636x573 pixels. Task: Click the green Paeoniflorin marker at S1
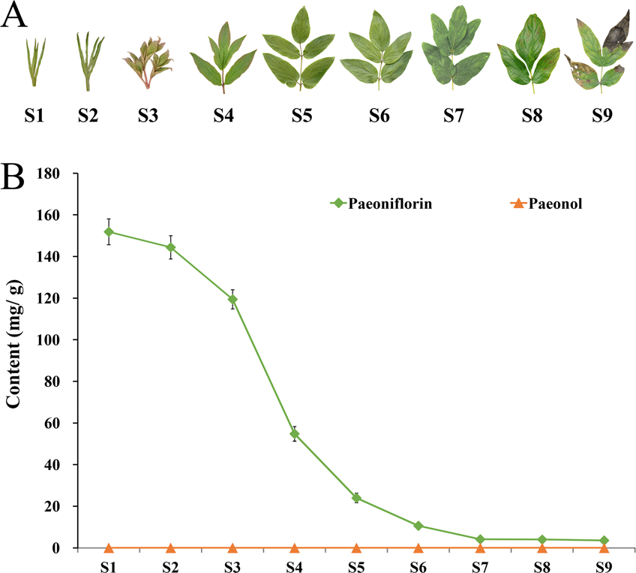click(x=109, y=232)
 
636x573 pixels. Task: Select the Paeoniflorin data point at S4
click(x=295, y=434)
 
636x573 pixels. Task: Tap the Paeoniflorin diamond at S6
click(x=418, y=526)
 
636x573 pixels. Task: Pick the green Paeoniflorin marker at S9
click(x=604, y=541)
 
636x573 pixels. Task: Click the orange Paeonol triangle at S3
click(x=232, y=548)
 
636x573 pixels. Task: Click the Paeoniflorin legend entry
click(x=380, y=202)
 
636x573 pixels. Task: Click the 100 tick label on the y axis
click(x=60, y=340)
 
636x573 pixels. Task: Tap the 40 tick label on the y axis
click(x=63, y=465)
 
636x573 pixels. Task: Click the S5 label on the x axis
click(x=356, y=563)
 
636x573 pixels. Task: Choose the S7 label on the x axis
click(x=480, y=563)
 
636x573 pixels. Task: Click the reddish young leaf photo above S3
click(x=147, y=61)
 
